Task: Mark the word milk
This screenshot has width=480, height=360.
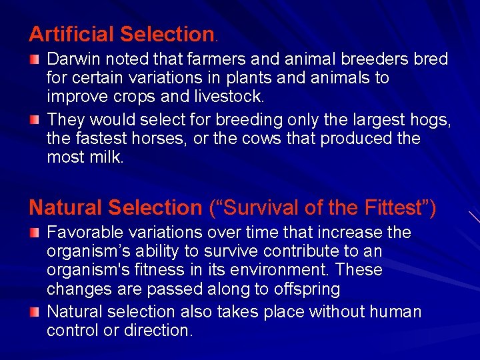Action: [x=108, y=157]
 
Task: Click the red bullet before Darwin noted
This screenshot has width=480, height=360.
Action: [x=35, y=60]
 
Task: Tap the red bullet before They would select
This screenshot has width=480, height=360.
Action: [x=35, y=121]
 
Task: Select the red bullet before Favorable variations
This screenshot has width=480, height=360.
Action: [x=35, y=233]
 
